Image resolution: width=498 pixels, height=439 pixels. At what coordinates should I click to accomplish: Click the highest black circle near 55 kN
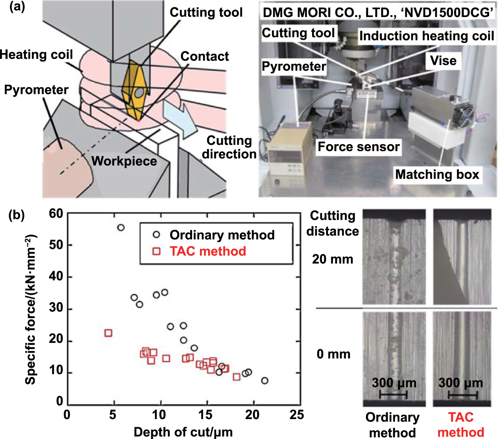pos(121,228)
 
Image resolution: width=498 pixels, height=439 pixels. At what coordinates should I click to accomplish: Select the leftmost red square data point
pos(108,333)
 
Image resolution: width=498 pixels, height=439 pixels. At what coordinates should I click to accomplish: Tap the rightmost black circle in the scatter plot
pos(264,380)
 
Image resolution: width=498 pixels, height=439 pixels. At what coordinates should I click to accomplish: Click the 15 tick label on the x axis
pos(205,415)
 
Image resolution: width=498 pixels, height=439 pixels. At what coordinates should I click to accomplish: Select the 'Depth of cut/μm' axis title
pos(183,432)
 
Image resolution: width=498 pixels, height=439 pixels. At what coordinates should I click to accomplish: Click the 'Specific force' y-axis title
pos(31,310)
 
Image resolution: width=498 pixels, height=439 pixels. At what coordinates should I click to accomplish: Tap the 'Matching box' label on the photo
pos(437,174)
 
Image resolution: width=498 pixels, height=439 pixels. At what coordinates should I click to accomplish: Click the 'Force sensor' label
pos(359,147)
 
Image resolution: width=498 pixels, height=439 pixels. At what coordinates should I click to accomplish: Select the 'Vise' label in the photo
pos(443,60)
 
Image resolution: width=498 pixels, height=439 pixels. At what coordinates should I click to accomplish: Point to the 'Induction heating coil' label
pos(426,36)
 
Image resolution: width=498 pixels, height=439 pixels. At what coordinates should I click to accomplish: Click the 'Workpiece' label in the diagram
pos(124,161)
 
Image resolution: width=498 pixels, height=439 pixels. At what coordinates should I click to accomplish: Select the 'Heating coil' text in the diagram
pos(36,55)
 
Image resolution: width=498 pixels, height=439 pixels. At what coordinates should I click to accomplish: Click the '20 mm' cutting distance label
pos(332,259)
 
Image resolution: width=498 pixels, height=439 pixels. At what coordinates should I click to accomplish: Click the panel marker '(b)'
pos(17,215)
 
